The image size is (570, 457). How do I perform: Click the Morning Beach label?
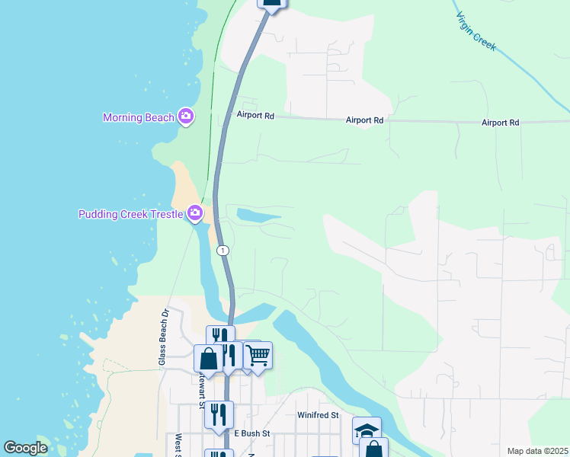coord(139,117)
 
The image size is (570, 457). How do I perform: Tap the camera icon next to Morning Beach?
coord(185,117)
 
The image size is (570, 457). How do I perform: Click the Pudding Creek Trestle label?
coord(130,214)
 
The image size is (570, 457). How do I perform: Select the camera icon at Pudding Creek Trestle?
coord(195,213)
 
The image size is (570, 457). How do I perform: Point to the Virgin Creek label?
coord(476,31)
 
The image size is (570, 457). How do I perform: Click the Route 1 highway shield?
coord(222,250)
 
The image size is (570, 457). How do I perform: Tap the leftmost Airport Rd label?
coord(255,117)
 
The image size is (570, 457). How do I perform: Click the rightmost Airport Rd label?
coord(500,123)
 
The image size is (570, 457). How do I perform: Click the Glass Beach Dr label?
coord(163,337)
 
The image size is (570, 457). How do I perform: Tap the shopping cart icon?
coord(258,354)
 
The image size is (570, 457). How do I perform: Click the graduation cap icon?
coord(367,430)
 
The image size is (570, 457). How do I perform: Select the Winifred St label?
coord(317,415)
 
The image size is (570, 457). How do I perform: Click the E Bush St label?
coord(251,433)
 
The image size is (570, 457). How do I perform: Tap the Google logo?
coord(25,448)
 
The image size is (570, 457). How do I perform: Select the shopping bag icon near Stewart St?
coord(208,358)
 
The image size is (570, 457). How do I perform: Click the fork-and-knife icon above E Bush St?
coord(219,414)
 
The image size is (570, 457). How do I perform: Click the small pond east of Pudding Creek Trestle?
coord(257,216)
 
